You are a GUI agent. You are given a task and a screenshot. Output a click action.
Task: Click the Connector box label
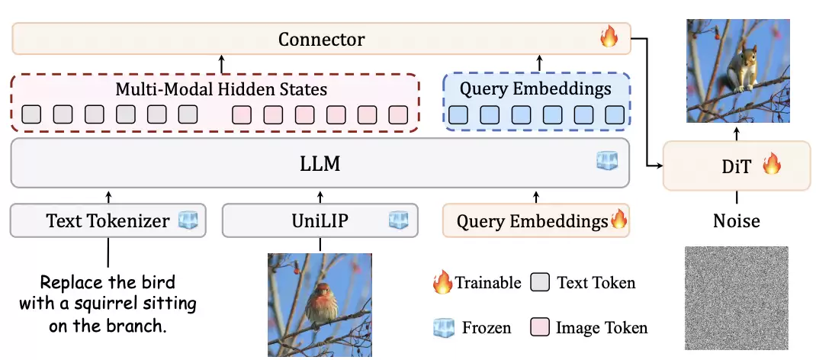point(321,39)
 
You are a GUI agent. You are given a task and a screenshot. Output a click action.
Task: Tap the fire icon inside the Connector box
point(609,37)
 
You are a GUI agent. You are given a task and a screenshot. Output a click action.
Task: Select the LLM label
point(321,162)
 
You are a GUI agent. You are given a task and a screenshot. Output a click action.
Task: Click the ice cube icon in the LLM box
point(607,161)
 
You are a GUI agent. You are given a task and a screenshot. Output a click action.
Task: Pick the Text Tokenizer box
point(108,221)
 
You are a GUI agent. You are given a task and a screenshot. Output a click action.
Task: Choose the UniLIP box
point(320,221)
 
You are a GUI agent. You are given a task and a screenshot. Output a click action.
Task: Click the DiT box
point(737,166)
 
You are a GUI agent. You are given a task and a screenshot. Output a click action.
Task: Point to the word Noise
point(737,221)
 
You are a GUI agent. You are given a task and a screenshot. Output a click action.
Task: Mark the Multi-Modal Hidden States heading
point(221,89)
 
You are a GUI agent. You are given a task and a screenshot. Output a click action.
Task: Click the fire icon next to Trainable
point(442,284)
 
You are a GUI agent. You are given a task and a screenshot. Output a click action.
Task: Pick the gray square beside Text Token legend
point(542,283)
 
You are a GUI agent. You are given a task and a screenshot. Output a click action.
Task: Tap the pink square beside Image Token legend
point(542,328)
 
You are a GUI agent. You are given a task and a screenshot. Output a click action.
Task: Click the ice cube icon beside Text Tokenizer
point(188,221)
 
